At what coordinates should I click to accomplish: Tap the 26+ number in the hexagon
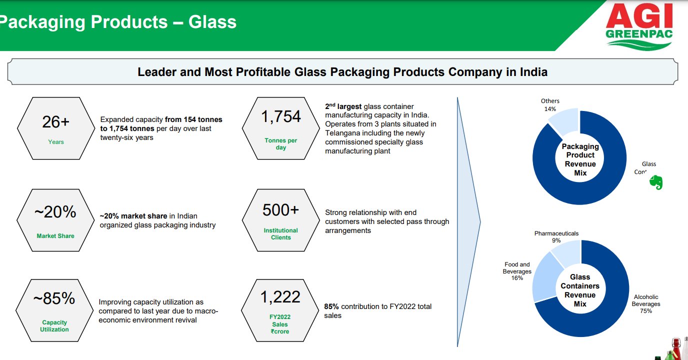tap(55, 122)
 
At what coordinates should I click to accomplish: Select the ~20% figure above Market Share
tap(55, 212)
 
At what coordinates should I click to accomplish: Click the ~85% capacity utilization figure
tap(54, 298)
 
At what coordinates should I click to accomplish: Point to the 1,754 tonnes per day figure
tap(281, 116)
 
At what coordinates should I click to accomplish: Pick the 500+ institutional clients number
tap(280, 210)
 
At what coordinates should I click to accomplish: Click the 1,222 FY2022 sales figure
tap(280, 297)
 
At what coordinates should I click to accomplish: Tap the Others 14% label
tap(550, 104)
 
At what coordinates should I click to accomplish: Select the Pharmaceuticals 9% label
tap(556, 237)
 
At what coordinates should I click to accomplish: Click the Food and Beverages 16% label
tap(517, 271)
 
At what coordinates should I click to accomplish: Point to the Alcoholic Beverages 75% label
tap(646, 303)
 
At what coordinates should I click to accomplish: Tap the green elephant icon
tap(655, 183)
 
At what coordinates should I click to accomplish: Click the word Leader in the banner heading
tap(158, 72)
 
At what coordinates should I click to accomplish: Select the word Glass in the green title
tap(212, 22)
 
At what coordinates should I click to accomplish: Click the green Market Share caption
tap(55, 236)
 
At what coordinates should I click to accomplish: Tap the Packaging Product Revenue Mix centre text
tap(580, 159)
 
